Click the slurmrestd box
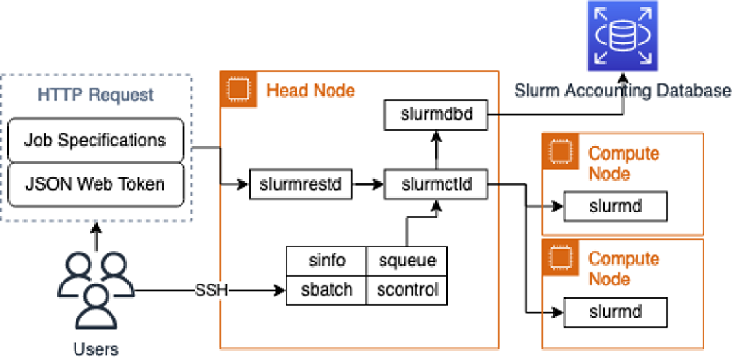[x=301, y=185]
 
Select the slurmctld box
[x=436, y=185]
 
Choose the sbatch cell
[x=326, y=290]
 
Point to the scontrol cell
[x=407, y=290]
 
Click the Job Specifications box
[x=95, y=140]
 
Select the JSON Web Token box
[x=95, y=184]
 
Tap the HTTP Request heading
[x=95, y=95]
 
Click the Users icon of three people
[x=96, y=290]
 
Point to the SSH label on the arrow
[x=211, y=291]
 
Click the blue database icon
[x=623, y=36]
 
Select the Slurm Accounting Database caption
[x=623, y=90]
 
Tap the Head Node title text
[x=311, y=90]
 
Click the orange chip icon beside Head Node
[x=238, y=89]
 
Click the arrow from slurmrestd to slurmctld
[x=369, y=185]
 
